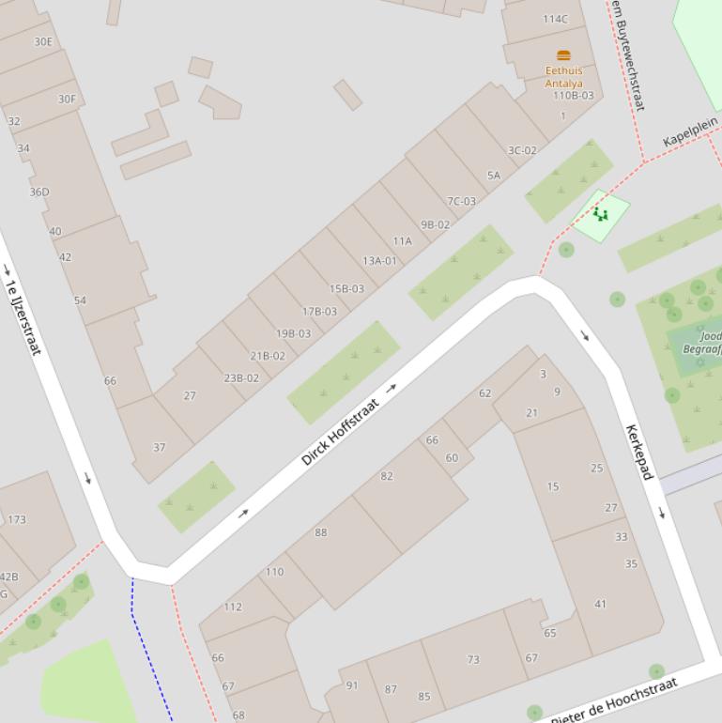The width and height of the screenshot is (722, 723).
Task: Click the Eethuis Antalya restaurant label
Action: pyautogui.click(x=563, y=77)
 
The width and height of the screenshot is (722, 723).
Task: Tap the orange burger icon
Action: pyautogui.click(x=563, y=55)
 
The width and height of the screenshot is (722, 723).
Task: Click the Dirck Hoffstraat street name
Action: pyautogui.click(x=341, y=433)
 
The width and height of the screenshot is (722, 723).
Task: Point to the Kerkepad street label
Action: pyautogui.click(x=638, y=452)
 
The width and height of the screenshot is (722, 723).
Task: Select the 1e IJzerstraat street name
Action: pyautogui.click(x=23, y=317)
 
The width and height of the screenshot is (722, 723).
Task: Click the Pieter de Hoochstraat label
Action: pyautogui.click(x=614, y=701)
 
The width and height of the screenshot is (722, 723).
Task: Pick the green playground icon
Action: pyautogui.click(x=600, y=215)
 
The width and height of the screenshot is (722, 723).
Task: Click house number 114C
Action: pyautogui.click(x=555, y=19)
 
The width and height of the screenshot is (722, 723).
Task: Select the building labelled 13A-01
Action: pyautogui.click(x=379, y=261)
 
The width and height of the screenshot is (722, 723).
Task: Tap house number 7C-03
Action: pyautogui.click(x=461, y=201)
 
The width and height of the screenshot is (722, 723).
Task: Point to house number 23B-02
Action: pyautogui.click(x=241, y=378)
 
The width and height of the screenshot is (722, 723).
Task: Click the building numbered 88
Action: pyautogui.click(x=321, y=532)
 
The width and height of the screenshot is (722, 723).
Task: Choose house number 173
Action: pyautogui.click(x=17, y=519)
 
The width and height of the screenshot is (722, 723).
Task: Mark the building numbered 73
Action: pyautogui.click(x=473, y=660)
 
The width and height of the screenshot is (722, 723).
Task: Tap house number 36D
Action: pyautogui.click(x=38, y=192)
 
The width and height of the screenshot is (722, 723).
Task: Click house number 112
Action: pyautogui.click(x=233, y=607)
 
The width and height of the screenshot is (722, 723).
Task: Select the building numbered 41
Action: pyautogui.click(x=600, y=604)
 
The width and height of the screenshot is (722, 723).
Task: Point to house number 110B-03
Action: pyautogui.click(x=573, y=95)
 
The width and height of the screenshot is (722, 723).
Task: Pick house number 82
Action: pyautogui.click(x=387, y=476)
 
